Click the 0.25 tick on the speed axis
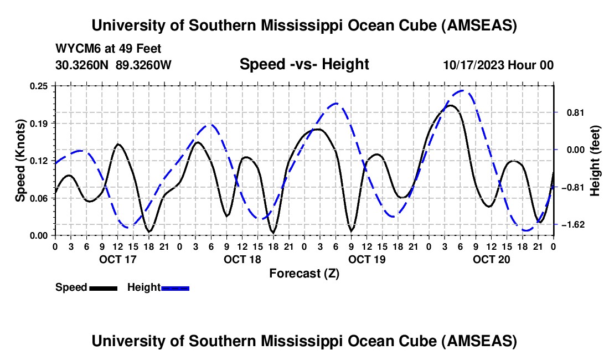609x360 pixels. pos(42,86)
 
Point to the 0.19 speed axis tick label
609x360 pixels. pos(42,123)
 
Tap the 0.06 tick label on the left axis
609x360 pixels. pos(42,198)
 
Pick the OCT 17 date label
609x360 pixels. pos(117,259)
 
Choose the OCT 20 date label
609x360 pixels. pos(491,259)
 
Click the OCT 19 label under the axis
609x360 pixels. pos(367,259)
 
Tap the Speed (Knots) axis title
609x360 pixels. pos(20,161)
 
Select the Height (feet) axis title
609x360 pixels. pos(595,161)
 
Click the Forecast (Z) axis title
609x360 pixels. pos(304,273)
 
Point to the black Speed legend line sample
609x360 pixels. pos(103,287)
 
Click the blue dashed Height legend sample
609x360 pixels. pos(175,287)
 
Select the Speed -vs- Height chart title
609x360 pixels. pos(304,64)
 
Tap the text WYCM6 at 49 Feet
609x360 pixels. pos(109,49)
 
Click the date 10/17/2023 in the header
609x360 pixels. pos(475,65)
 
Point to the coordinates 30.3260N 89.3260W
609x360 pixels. pos(113,65)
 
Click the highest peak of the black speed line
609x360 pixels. pos(451,105)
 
